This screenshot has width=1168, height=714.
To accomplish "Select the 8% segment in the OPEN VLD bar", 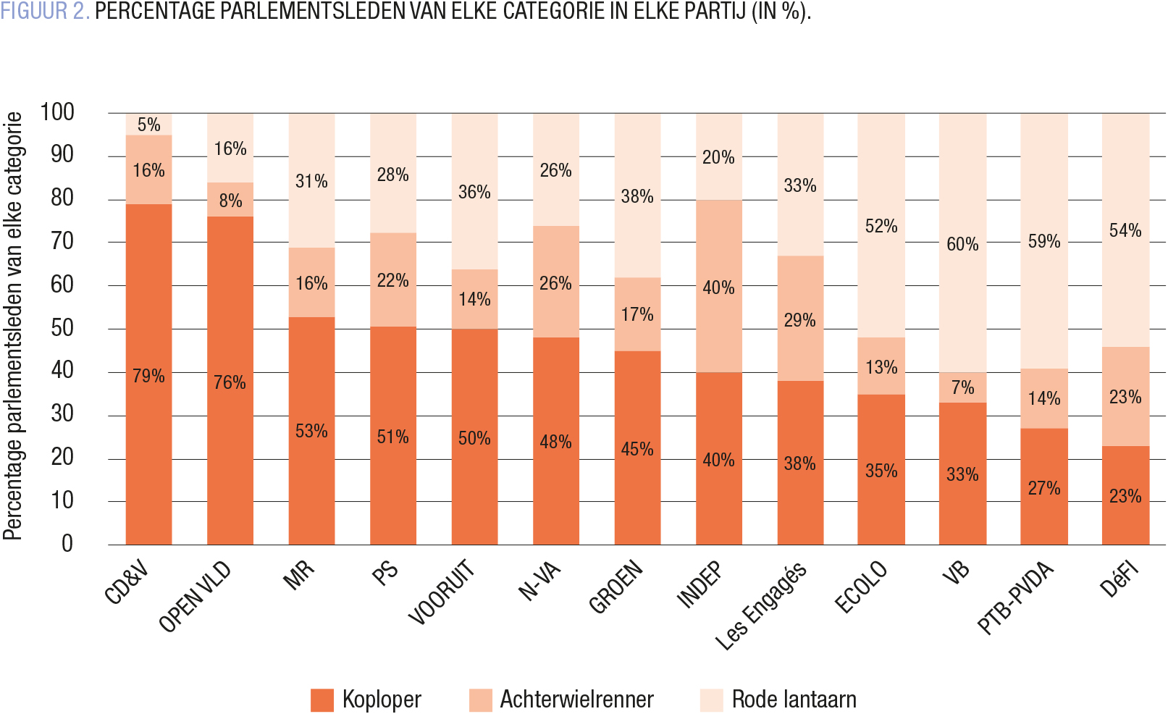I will [230, 200].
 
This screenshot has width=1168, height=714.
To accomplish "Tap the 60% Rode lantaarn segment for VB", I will [962, 243].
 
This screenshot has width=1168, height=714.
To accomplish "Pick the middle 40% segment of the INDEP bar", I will [718, 287].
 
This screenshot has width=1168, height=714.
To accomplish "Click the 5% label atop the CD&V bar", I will [148, 125].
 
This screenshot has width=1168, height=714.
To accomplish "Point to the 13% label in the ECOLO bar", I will [881, 367].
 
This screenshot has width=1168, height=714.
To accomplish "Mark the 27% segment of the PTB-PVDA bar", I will [1043, 487].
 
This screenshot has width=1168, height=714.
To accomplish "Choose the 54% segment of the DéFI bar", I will [1125, 230].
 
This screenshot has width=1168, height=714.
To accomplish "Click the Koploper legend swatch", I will [322, 700].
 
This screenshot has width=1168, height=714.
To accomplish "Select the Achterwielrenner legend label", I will [576, 700].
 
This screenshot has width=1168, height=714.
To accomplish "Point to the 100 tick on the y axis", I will [58, 112].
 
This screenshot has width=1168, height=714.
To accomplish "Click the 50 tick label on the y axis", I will [62, 327].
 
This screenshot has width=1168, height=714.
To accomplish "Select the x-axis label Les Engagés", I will [760, 605].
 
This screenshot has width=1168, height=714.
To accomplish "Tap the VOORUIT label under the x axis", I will [442, 592].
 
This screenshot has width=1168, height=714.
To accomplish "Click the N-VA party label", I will [540, 581].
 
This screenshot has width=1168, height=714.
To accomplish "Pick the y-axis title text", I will [13, 326].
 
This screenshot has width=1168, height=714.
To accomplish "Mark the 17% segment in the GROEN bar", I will [637, 314].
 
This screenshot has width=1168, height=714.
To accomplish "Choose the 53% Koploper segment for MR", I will [311, 431].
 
